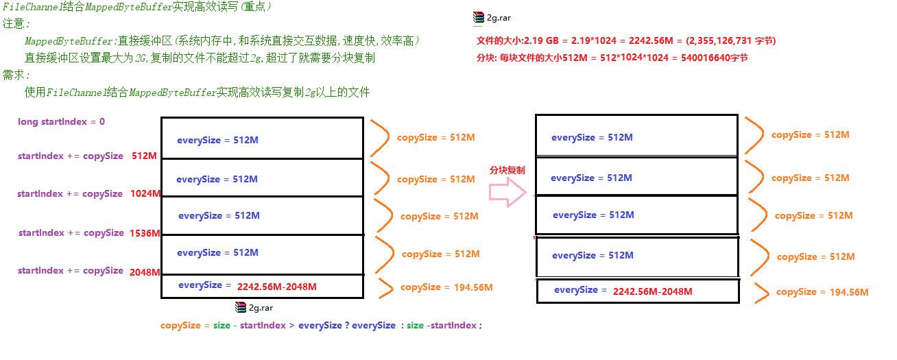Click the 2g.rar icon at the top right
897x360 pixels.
tap(479, 18)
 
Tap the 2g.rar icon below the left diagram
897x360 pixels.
tap(241, 308)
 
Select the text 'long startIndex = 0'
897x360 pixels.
tap(62, 121)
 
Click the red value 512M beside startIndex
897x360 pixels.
tap(144, 156)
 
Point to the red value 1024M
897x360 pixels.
tap(145, 193)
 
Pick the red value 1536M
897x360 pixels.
tap(145, 233)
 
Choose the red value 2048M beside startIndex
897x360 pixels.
tap(145, 272)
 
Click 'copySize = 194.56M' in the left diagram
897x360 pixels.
tap(446, 287)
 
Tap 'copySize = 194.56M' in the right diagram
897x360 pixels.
tap(822, 292)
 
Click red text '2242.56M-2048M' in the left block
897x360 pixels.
tap(277, 287)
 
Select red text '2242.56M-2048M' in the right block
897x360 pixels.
tap(653, 291)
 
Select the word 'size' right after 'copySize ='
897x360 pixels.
tap(222, 325)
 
